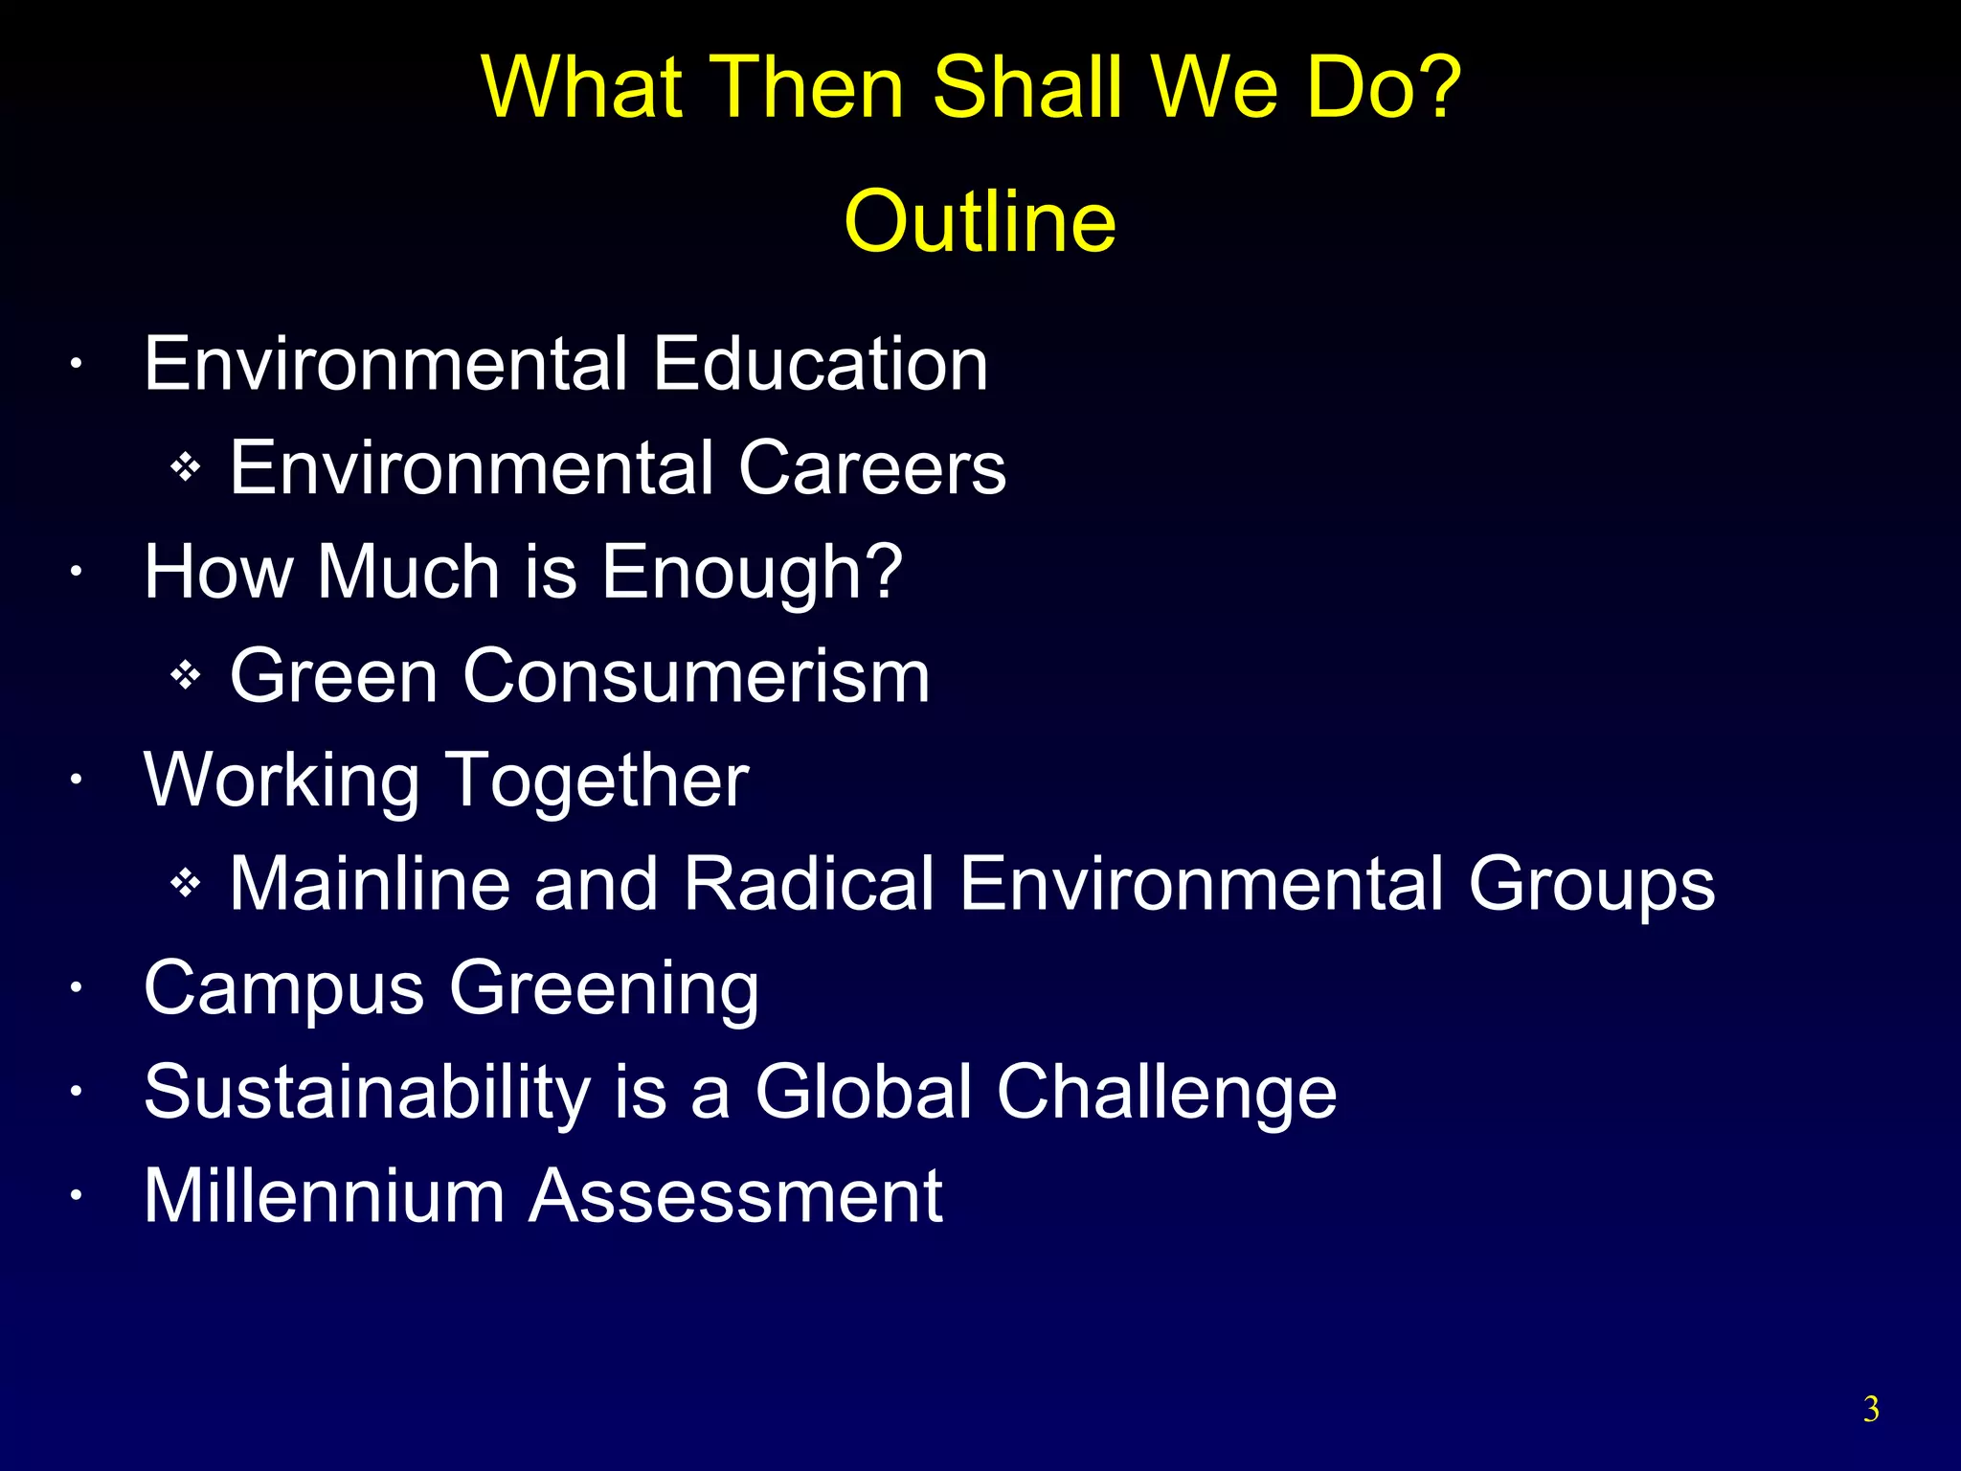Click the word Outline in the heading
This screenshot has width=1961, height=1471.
coord(980,221)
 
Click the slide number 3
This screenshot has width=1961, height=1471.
coord(1871,1410)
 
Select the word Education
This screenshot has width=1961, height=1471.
coord(820,364)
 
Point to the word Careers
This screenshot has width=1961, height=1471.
coord(871,468)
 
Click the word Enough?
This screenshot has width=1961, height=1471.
coord(752,572)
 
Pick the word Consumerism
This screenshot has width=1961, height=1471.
coord(696,676)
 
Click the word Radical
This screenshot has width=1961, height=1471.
coord(808,883)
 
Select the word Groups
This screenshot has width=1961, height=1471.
coord(1591,885)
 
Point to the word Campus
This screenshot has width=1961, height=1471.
coord(283,988)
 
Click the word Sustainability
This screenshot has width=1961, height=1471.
coord(368,1093)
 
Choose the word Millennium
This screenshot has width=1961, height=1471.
coord(324,1195)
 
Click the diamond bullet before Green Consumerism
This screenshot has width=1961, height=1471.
coord(185,676)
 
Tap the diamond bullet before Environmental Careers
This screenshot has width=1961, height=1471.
coord(185,468)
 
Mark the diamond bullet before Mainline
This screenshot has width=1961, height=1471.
coord(185,883)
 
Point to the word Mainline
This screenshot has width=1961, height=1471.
coord(370,883)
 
